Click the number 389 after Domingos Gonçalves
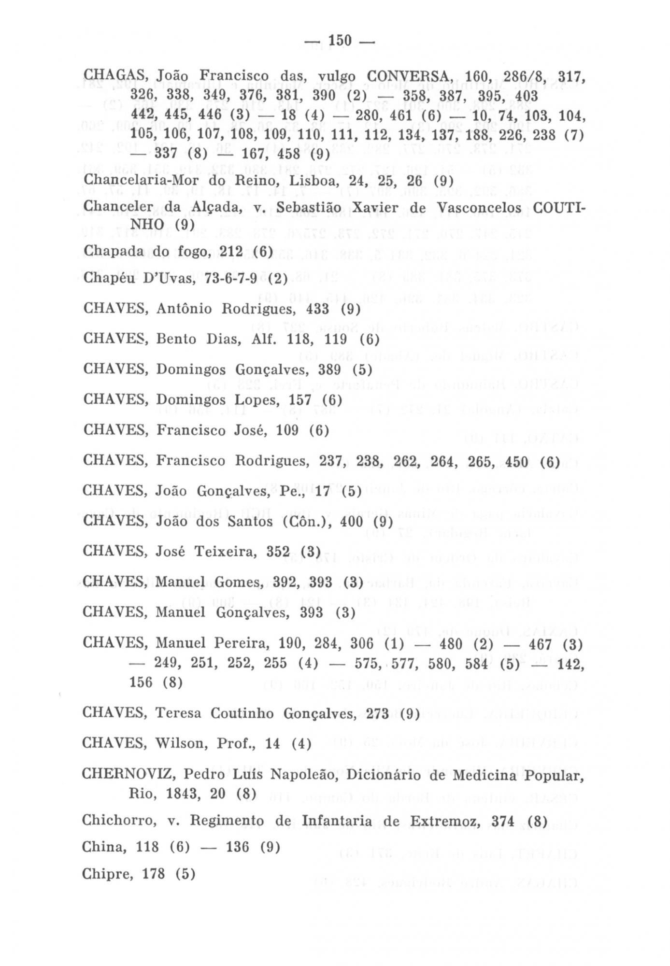[x=330, y=369]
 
